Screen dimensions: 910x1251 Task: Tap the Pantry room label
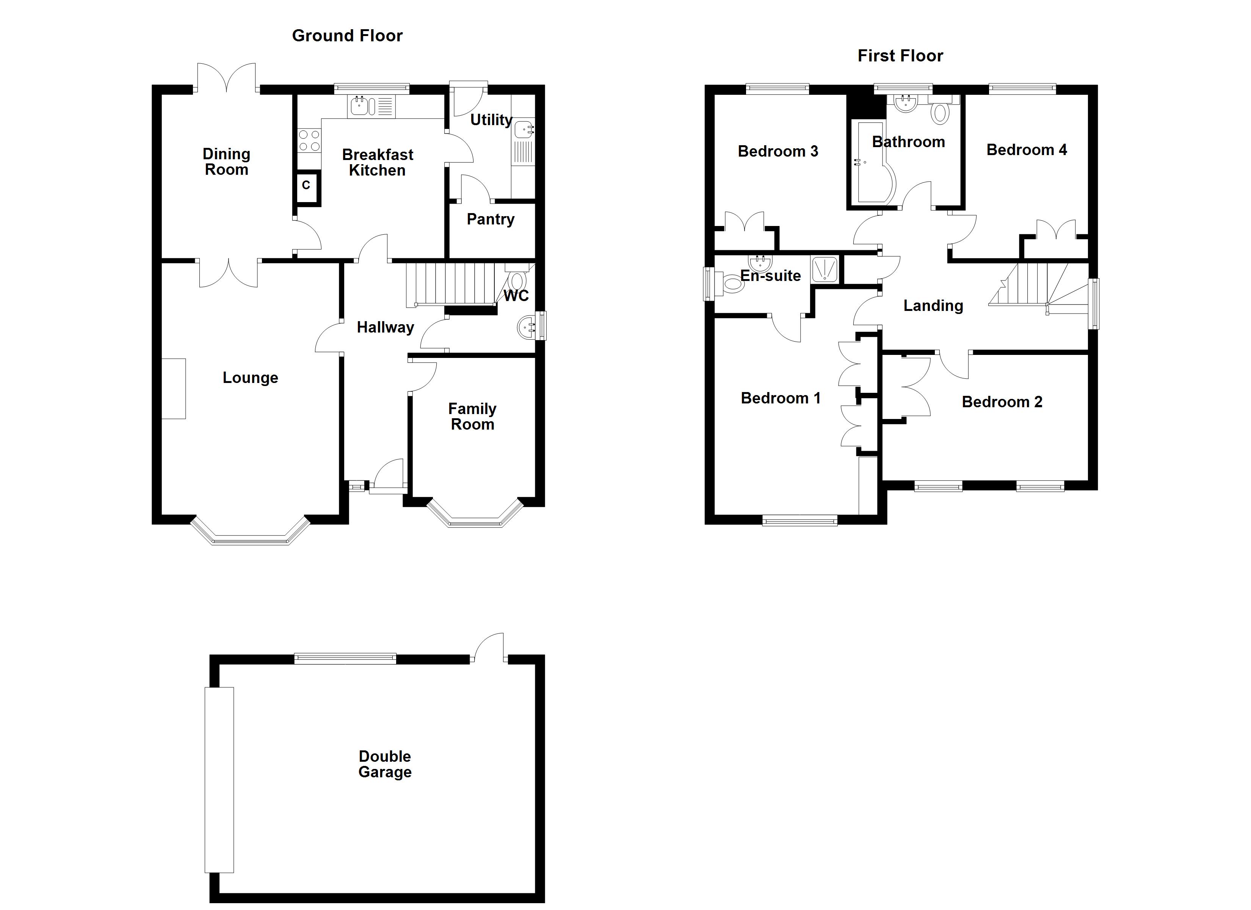491,219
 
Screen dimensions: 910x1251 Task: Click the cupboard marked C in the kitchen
306,185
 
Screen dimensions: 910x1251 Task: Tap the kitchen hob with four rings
309,140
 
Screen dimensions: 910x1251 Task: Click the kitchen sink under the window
360,105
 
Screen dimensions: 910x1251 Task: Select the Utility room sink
524,130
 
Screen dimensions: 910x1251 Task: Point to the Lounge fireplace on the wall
173,389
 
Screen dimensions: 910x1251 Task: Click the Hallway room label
385,327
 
